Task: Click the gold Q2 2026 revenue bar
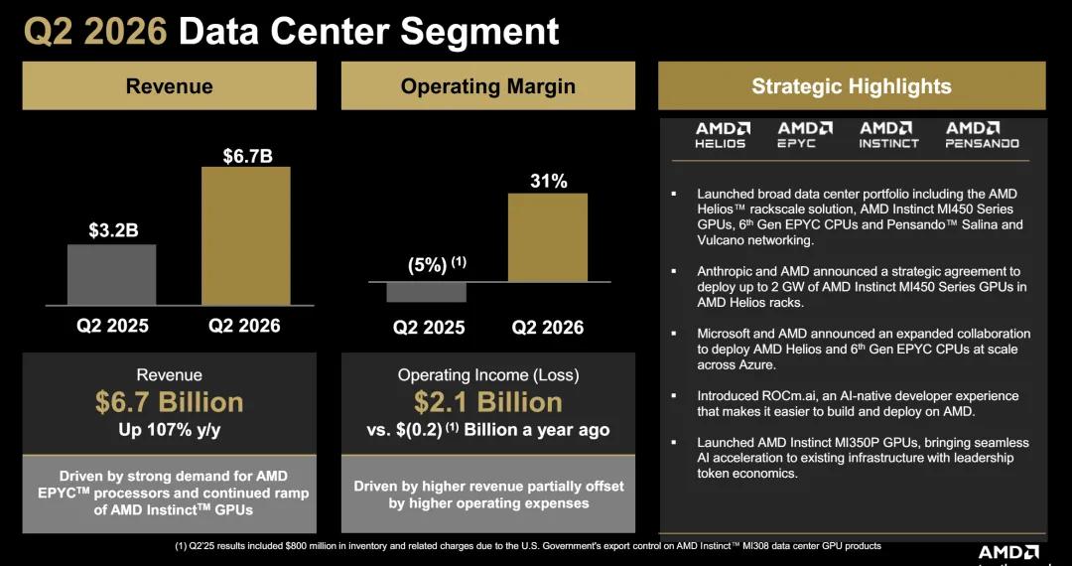click(245, 236)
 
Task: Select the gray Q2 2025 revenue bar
click(111, 275)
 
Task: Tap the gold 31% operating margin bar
click(548, 237)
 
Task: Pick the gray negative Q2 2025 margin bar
click(426, 292)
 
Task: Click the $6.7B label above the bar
click(247, 156)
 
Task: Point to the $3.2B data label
click(113, 231)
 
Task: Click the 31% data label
click(548, 181)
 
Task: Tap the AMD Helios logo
click(720, 135)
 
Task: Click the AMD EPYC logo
click(805, 135)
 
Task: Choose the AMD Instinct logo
click(888, 135)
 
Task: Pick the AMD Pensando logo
click(982, 135)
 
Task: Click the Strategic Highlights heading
click(852, 86)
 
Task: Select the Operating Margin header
click(487, 86)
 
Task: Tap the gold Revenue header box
click(169, 85)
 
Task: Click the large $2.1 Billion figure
click(487, 402)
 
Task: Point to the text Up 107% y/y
click(169, 431)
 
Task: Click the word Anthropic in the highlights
click(723, 271)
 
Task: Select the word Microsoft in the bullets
click(722, 334)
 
